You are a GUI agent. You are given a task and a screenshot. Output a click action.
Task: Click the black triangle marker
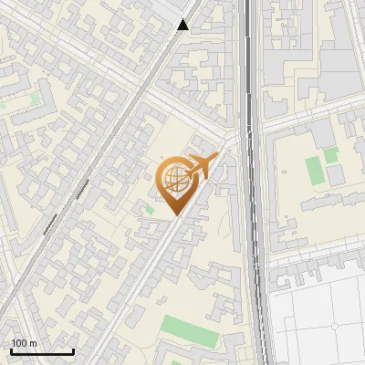click(x=183, y=26)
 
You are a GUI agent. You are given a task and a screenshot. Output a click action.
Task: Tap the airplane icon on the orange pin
click(x=203, y=165)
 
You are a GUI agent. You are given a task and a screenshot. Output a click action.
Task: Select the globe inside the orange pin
click(x=173, y=179)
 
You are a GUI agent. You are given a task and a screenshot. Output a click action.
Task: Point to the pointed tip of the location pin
click(x=173, y=215)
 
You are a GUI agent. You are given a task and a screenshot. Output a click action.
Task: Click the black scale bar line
click(x=42, y=352)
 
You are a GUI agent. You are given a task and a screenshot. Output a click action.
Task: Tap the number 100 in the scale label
click(x=20, y=344)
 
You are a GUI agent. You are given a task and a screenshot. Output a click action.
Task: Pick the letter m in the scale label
click(x=34, y=344)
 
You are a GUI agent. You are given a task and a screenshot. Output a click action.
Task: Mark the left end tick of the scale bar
click(x=12, y=350)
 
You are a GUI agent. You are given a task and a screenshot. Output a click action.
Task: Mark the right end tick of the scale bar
click(x=73, y=350)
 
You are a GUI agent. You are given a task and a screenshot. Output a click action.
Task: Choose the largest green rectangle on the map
click(x=191, y=330)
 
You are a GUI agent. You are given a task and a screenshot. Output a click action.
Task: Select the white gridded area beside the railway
click(x=319, y=319)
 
